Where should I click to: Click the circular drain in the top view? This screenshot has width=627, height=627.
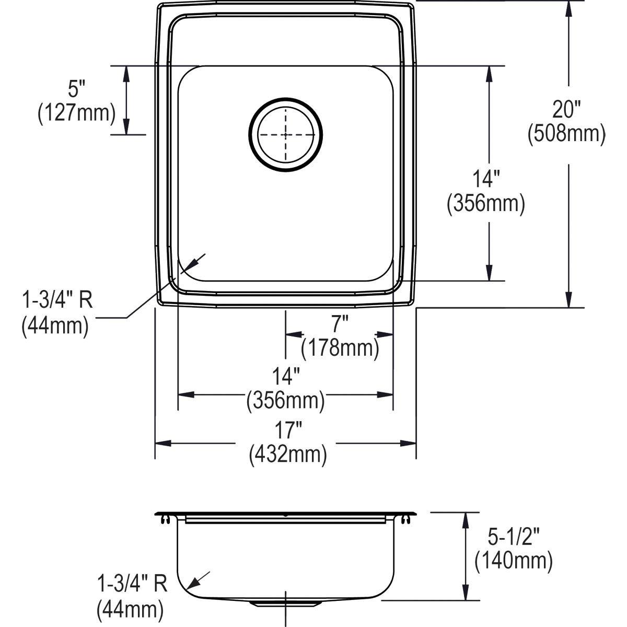tap(286, 134)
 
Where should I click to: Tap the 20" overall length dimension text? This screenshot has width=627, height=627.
tap(567, 110)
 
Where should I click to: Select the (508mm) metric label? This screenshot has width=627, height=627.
tap(566, 134)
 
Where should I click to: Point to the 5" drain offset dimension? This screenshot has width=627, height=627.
tap(77, 90)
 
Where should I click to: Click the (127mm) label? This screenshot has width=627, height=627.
tap(76, 113)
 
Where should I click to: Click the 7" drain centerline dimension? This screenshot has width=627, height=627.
tap(340, 324)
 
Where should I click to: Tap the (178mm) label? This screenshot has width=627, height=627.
tap(340, 347)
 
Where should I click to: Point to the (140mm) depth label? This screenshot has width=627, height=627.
tap(513, 561)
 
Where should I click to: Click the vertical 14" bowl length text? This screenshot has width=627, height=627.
tap(486, 180)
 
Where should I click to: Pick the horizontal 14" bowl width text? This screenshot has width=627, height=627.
tap(285, 377)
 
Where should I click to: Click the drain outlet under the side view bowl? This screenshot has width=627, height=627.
tap(286, 603)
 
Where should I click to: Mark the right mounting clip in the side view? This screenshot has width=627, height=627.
tap(405, 519)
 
